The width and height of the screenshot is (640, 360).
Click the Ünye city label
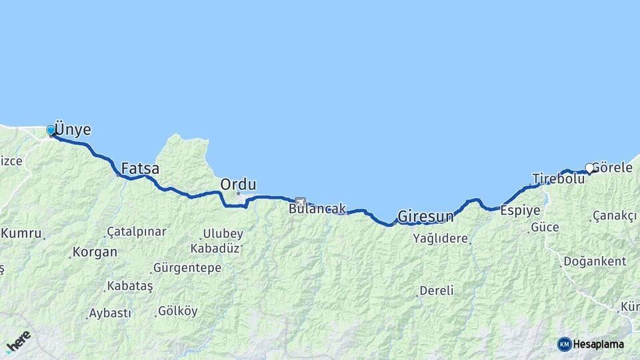(x=73, y=129)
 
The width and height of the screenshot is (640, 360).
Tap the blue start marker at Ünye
(x=51, y=130)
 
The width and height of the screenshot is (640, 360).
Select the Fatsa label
(x=140, y=169)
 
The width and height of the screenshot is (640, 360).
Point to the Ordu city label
(x=238, y=185)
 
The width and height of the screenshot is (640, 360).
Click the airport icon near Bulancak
(x=300, y=201)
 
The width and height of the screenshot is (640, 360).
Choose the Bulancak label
(x=317, y=209)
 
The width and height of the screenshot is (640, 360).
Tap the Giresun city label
(x=425, y=217)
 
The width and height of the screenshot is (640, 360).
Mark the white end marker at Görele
(x=589, y=168)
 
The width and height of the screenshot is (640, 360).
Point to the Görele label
(x=611, y=168)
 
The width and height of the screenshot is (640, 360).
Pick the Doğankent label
(x=595, y=261)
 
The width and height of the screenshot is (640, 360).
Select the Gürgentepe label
(x=187, y=268)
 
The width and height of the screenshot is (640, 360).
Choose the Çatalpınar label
(x=136, y=231)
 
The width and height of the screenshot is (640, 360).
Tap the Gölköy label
(x=178, y=311)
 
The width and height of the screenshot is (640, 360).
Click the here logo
(x=18, y=341)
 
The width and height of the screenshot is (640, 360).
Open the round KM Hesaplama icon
(x=565, y=344)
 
